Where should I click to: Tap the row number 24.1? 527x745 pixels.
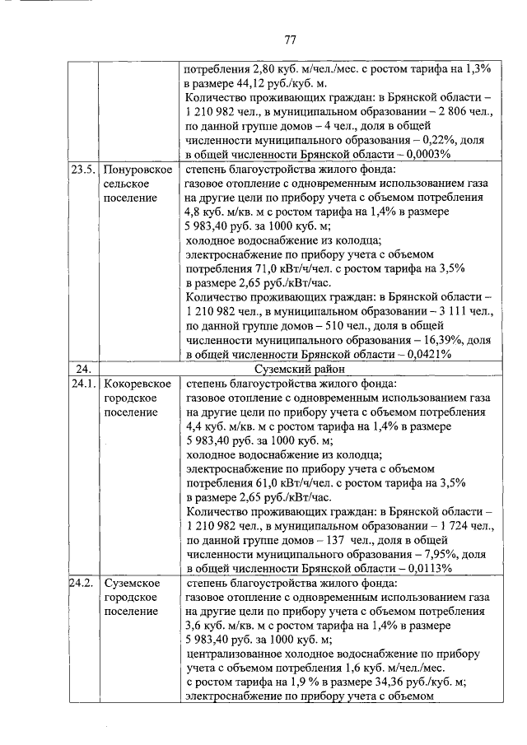82,384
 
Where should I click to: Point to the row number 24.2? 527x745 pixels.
82,583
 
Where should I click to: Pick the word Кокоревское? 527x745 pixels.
138,384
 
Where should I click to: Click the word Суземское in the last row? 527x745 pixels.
132,583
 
